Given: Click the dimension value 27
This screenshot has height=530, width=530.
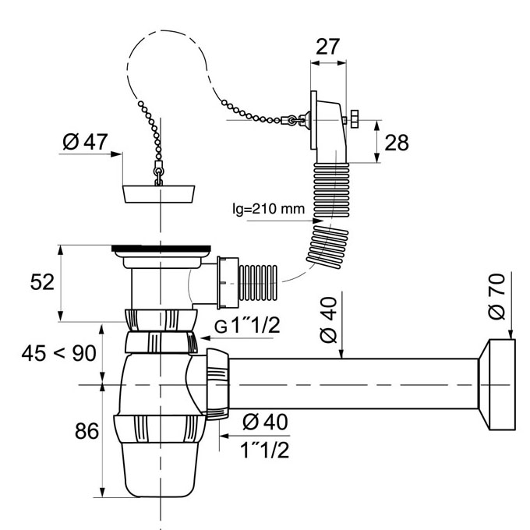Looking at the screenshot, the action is coord(327,47).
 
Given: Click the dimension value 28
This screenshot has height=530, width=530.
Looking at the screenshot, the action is coord(397,143).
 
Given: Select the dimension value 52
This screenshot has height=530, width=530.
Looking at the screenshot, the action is coord(42,282).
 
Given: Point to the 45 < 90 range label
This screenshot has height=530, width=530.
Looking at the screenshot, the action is coord(58,354).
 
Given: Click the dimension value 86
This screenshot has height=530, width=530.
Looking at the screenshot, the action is coord(87,431).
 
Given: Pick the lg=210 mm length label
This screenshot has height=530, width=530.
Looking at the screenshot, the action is coord(269,209).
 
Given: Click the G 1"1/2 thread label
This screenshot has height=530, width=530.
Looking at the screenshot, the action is coord(247,326).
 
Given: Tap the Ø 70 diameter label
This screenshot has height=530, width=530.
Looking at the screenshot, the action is coord(497,296).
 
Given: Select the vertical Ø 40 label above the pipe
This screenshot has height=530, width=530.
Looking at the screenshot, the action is coord(328,320).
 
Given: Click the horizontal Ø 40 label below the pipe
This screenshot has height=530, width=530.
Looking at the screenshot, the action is coord(265,422).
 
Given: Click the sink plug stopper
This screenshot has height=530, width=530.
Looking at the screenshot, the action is coord(158,194).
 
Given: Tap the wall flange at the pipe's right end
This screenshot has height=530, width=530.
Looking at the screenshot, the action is coord(497,385).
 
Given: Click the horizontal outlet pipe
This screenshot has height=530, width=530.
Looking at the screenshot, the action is coord(353,384).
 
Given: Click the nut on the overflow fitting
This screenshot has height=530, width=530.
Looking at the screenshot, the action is coord(354,118).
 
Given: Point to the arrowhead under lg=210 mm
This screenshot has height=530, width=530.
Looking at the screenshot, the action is coord(318,221).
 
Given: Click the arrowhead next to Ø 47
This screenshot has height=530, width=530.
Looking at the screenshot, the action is coord(117,154).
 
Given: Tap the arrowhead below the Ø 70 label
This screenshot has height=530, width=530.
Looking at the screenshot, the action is coord(511,334).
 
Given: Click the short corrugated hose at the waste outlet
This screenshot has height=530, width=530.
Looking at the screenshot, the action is coord(258,283).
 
